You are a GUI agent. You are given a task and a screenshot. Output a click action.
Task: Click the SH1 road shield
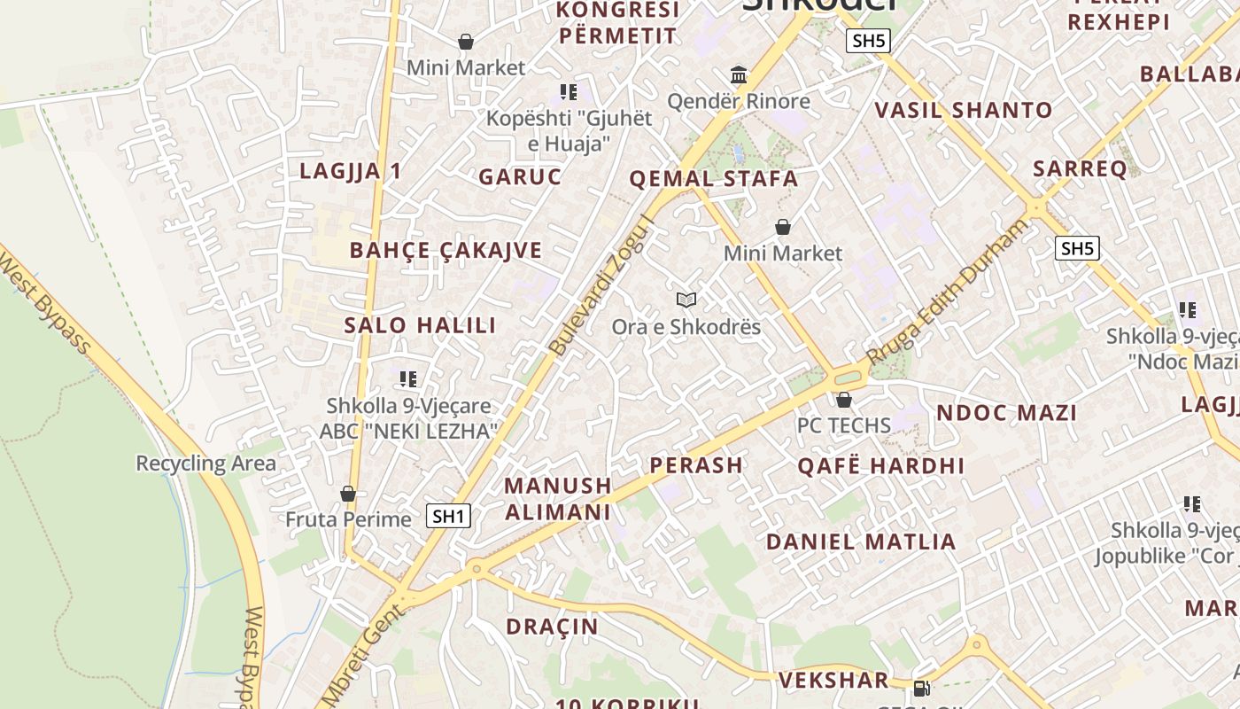click(448, 516)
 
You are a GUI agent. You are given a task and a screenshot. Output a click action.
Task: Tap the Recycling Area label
click(205, 463)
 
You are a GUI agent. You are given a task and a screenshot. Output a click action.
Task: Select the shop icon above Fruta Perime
click(348, 494)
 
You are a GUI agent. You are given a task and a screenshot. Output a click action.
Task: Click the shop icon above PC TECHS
click(843, 400)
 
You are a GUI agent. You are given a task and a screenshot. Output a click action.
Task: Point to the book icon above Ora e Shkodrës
click(686, 300)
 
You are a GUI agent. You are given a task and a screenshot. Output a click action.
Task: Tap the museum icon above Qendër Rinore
click(739, 74)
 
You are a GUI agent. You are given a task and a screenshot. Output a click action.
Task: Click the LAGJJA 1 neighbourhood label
click(351, 171)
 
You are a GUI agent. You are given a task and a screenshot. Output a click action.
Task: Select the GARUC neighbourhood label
click(520, 176)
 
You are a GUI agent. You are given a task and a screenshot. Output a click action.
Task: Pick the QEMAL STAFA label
click(713, 179)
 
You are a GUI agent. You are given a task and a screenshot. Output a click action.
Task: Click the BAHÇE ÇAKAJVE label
click(446, 250)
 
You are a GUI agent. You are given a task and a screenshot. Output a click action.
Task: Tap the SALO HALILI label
click(420, 324)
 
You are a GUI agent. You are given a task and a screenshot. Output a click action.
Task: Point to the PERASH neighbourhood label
click(696, 464)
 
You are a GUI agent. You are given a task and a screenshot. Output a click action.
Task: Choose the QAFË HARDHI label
click(880, 465)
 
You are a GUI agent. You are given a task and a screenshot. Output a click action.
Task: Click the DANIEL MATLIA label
click(861, 541)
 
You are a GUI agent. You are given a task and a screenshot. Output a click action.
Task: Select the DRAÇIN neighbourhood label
click(552, 627)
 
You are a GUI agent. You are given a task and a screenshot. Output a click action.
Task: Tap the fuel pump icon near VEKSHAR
click(921, 687)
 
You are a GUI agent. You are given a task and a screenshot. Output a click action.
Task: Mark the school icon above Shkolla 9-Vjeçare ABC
click(408, 379)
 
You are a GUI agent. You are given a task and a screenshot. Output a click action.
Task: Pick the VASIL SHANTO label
click(964, 111)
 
